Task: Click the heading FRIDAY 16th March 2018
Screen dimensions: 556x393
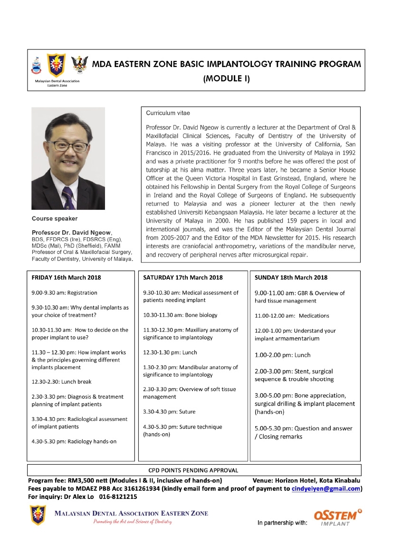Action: click(66, 278)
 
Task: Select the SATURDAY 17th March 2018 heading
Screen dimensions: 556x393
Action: click(183, 278)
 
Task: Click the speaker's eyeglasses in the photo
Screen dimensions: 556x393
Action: click(70, 146)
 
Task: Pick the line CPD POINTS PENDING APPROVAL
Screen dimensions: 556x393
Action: click(194, 470)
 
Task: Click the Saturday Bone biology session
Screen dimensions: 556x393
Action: click(180, 315)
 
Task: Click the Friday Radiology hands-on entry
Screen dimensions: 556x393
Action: click(74, 441)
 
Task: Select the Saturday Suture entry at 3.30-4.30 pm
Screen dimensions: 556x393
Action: click(169, 411)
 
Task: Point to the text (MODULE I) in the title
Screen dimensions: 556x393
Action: click(226, 79)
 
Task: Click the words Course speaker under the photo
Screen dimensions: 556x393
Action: click(55, 219)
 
